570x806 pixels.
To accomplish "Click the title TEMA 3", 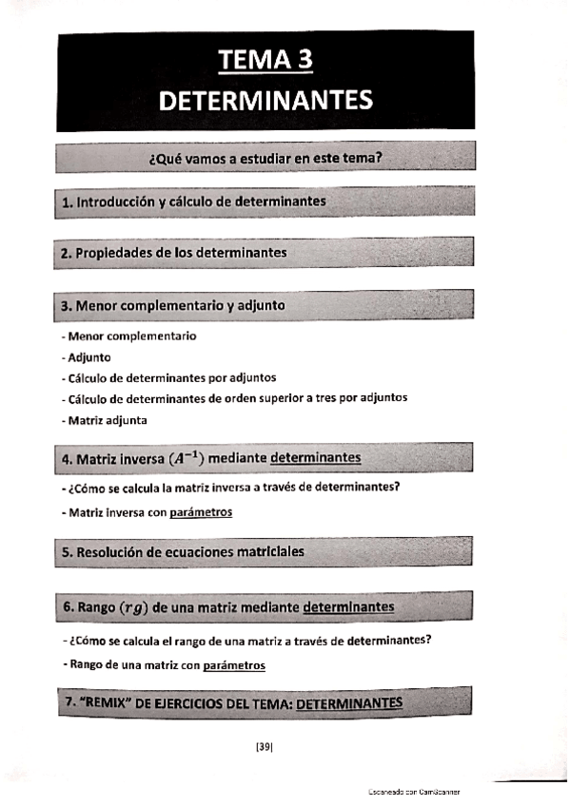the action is [265, 60].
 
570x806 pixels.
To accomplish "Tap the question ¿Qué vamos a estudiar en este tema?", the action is [265, 157].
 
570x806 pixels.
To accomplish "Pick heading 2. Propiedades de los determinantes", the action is [173, 253].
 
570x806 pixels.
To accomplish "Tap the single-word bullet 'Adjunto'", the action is [88, 357].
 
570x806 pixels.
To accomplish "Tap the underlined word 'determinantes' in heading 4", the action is [315, 458].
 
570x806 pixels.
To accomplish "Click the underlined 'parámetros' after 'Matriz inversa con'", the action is [201, 512].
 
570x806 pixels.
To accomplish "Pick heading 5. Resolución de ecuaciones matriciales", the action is [183, 551].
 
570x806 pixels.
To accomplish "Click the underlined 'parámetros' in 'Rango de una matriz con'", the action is [234, 665].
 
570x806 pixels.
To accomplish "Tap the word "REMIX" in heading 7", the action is [108, 702].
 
